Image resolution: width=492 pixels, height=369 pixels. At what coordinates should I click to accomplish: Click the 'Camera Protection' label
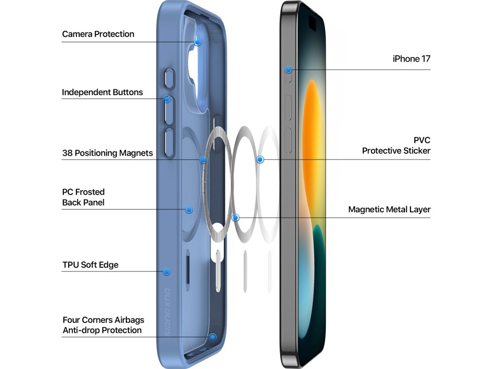tap(98, 34)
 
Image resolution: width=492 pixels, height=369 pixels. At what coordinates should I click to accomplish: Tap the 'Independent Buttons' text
tap(102, 92)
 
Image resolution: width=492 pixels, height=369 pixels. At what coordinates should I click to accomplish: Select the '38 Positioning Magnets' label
tap(107, 153)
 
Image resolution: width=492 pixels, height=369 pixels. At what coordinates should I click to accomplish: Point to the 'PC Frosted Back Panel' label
tap(83, 197)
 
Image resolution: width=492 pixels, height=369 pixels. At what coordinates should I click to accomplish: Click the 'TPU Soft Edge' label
tap(90, 265)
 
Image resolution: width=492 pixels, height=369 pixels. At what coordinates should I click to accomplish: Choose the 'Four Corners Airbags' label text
tap(103, 320)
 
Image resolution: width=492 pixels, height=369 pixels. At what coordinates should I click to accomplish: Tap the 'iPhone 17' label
tap(411, 59)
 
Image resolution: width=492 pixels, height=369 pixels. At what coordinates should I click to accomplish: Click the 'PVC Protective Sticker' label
tap(396, 146)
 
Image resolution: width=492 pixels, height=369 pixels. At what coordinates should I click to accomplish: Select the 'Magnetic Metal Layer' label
tap(389, 209)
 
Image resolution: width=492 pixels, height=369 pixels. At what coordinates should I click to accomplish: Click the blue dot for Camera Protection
tap(197, 42)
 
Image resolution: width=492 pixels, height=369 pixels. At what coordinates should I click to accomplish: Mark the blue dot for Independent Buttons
tap(167, 99)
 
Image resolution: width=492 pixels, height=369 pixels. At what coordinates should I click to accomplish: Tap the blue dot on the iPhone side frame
tap(288, 70)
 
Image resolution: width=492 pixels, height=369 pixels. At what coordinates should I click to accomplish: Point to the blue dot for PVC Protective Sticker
tap(260, 159)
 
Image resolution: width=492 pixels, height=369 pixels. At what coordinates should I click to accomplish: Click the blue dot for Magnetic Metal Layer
tap(235, 218)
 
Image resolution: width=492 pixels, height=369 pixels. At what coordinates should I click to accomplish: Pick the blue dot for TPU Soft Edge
tap(167, 271)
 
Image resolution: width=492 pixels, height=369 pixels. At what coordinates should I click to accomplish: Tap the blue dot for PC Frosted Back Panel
tap(189, 209)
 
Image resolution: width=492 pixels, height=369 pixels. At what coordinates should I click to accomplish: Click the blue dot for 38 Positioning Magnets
tap(203, 160)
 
